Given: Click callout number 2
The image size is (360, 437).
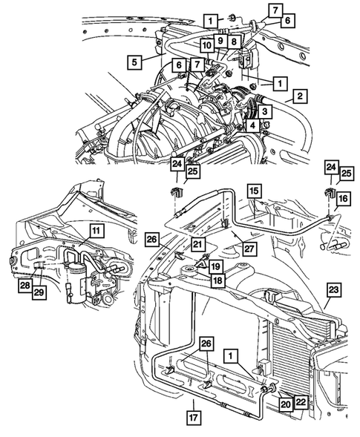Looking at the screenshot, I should point(298,95).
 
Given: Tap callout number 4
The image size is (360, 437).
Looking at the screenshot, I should point(253,125).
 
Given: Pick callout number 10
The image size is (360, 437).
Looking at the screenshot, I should point(204,46).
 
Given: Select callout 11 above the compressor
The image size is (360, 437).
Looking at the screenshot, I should point(96,231).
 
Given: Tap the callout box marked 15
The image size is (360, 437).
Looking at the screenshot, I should point(254,191).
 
